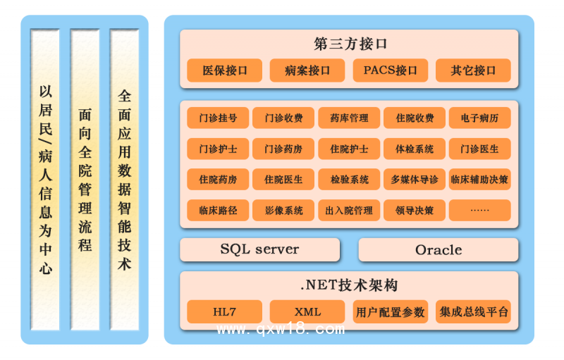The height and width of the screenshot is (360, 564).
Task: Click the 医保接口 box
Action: coord(225,70)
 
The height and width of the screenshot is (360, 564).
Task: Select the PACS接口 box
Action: coord(391,70)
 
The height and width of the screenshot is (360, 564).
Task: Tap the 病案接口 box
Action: coord(307,70)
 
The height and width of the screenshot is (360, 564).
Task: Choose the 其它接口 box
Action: coord(473,70)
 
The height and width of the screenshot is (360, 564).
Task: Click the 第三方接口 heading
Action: coord(350,44)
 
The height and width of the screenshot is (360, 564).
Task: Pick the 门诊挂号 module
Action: coord(218,118)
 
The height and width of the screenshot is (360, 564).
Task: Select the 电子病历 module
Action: coord(479,118)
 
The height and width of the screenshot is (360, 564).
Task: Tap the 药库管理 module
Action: coord(349,118)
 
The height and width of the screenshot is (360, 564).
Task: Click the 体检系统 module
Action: coord(415,149)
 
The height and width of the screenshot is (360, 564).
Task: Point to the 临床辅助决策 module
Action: coord(479,180)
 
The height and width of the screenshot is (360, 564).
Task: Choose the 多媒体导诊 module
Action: coord(415,180)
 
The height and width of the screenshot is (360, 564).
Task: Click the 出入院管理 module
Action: coord(349,210)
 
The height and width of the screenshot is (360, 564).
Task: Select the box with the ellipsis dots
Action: coord(479,210)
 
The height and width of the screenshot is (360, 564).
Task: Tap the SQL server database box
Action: coord(259,249)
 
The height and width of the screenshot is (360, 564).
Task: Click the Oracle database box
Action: coord(439,249)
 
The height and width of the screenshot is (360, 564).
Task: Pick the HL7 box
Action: coord(225,311)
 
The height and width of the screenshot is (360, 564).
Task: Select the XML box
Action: coord(307,311)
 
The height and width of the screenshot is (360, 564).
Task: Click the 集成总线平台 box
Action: coord(473,311)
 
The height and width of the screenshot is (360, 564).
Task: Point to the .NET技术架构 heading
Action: coord(350,285)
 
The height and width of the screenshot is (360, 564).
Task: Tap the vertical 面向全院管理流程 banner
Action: coord(85,180)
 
